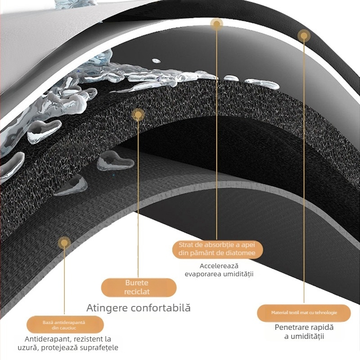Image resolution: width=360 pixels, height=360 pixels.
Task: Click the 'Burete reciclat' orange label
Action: coord(139,287)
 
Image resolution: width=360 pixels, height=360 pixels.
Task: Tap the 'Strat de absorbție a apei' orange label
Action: coord(218,249)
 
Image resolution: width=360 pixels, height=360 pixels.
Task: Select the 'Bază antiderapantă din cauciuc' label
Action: coord(65,324)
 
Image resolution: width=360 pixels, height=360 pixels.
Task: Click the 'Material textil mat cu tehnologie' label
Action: coord(304,313)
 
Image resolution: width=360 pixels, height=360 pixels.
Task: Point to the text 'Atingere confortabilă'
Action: coord(139,308)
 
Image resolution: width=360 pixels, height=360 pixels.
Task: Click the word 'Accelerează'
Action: coord(219,266)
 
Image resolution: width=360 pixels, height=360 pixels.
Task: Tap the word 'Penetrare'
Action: coord(291,328)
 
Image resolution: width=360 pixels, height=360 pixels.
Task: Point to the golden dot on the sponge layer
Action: coord(138,115)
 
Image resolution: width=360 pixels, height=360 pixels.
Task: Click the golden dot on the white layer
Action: coord(216,24)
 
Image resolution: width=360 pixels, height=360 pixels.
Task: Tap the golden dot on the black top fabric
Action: coord(304,36)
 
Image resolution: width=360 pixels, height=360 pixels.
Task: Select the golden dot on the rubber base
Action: coord(64,243)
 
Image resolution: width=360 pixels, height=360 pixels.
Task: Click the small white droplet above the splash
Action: coord(156,61)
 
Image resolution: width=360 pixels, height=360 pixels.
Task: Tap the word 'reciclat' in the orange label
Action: coord(137,292)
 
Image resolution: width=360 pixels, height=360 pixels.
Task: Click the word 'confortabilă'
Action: coord(161,308)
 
